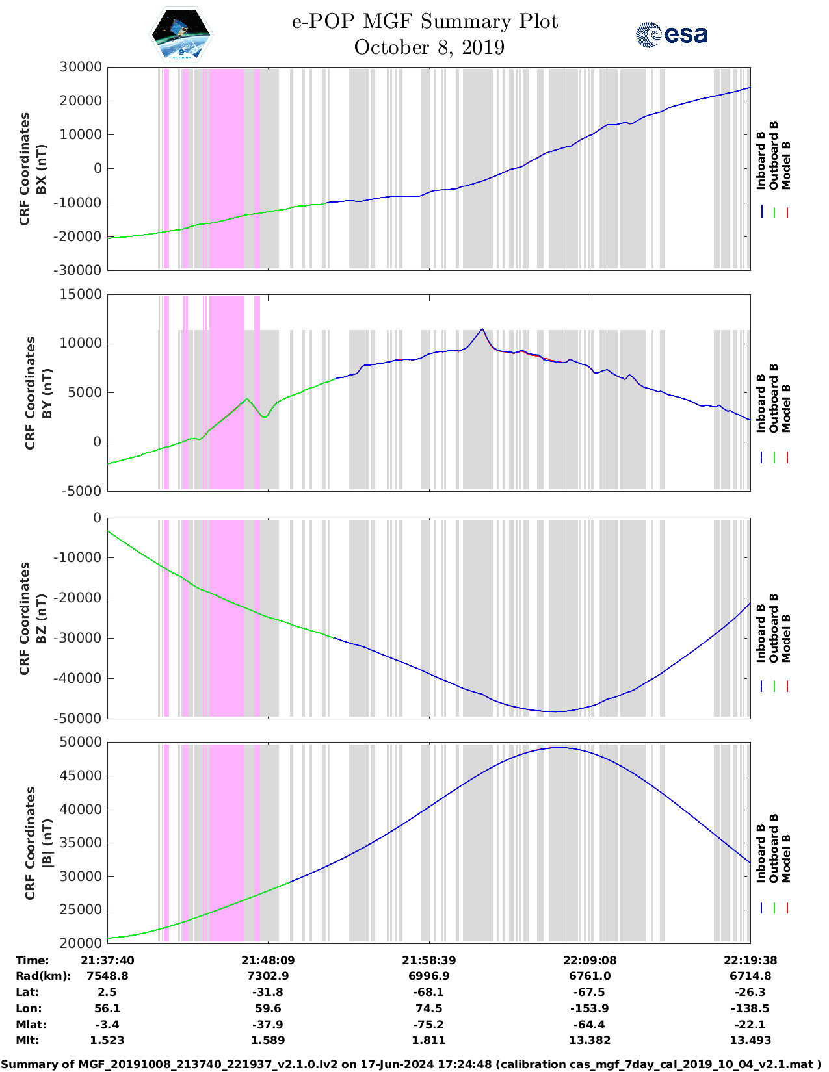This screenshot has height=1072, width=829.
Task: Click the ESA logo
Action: click(x=671, y=34)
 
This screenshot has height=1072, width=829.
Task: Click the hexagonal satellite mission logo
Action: click(x=181, y=35)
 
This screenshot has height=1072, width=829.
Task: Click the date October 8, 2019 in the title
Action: click(x=429, y=47)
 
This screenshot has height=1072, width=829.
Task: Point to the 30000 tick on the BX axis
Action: click(x=81, y=67)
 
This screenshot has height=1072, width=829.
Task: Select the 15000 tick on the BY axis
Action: click(x=81, y=294)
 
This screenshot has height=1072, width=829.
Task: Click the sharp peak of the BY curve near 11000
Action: click(x=482, y=329)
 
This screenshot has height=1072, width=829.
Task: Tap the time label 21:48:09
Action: click(x=268, y=960)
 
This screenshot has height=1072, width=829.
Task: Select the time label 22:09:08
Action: click(x=590, y=960)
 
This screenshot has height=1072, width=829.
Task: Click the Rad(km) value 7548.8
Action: click(x=107, y=976)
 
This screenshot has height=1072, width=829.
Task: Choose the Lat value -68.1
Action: click(x=428, y=992)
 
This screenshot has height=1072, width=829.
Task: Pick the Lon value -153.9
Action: click(x=590, y=1008)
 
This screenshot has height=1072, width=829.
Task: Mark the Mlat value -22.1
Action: click(x=750, y=1025)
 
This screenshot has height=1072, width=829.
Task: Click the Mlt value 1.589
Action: click(x=268, y=1040)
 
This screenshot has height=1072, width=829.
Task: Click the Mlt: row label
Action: click(x=27, y=1040)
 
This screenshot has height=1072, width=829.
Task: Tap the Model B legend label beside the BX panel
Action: click(x=786, y=166)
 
